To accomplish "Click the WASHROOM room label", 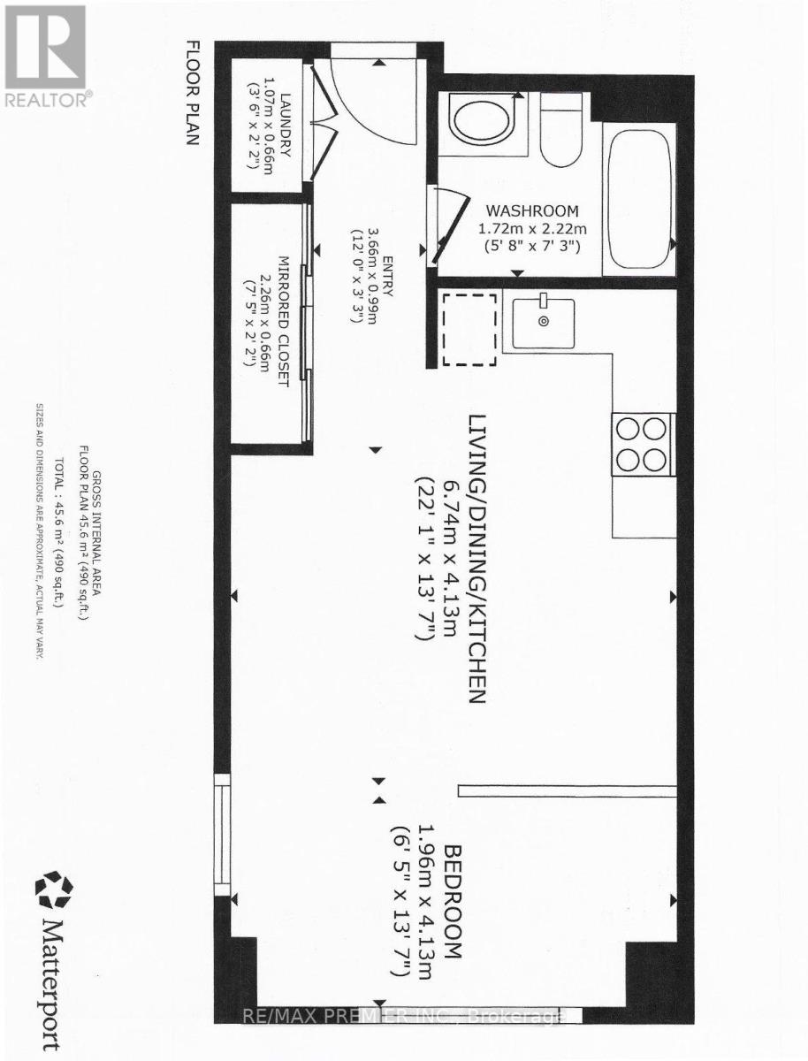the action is (x=532, y=211).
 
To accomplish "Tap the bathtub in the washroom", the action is (x=639, y=199).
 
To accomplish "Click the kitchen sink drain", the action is (x=544, y=320).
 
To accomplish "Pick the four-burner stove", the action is (x=642, y=444).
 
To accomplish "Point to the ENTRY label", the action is (x=387, y=277).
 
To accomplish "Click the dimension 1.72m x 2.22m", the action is (x=532, y=229).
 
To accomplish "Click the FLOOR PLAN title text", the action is (x=193, y=93).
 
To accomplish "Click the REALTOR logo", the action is (x=45, y=55).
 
